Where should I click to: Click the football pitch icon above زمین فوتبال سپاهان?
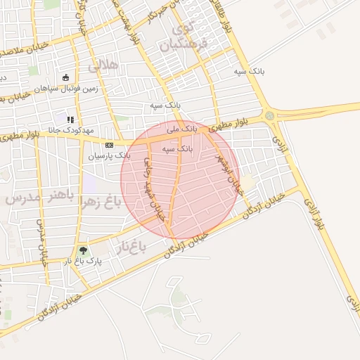point(65,78)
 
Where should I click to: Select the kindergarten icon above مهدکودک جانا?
point(70,120)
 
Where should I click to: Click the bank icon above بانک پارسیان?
point(108,144)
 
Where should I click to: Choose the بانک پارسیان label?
point(109,155)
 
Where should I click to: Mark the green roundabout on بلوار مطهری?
point(269,115)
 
